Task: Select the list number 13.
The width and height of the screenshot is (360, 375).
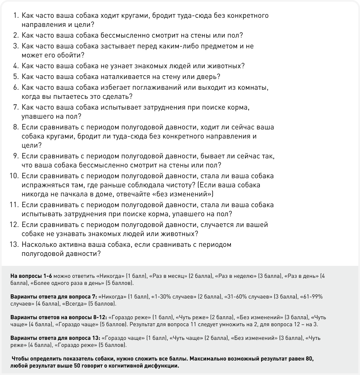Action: click(14, 244)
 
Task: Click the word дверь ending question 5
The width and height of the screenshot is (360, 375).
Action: click(209, 76)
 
